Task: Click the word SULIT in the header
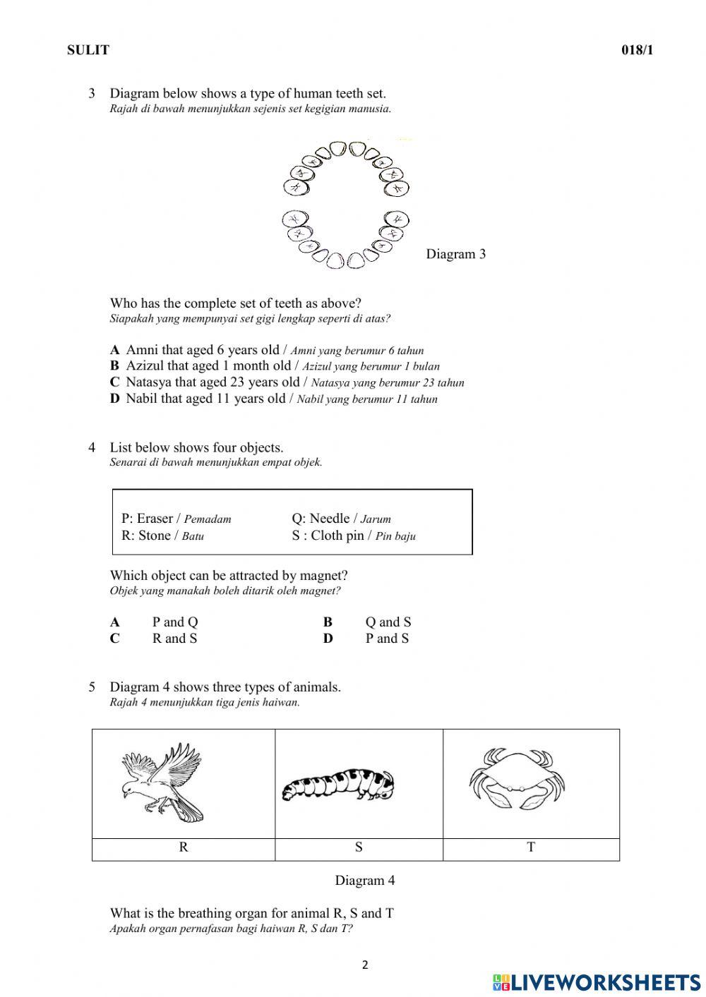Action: click(88, 50)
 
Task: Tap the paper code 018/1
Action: click(637, 50)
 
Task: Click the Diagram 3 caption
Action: click(455, 254)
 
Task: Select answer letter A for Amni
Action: click(114, 350)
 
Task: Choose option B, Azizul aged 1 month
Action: click(114, 366)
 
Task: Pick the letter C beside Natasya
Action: click(114, 382)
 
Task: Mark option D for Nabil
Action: click(114, 399)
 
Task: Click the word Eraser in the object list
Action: click(155, 519)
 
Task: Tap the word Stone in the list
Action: click(155, 536)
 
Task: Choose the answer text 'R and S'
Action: click(174, 639)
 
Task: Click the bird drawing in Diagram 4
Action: click(162, 782)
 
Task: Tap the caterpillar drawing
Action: click(337, 785)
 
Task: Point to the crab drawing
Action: click(517, 780)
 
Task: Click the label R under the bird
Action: click(184, 847)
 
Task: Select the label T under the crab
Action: click(531, 847)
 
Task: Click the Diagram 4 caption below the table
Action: click(364, 881)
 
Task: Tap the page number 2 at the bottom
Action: click(365, 965)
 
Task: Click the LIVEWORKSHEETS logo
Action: click(597, 981)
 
